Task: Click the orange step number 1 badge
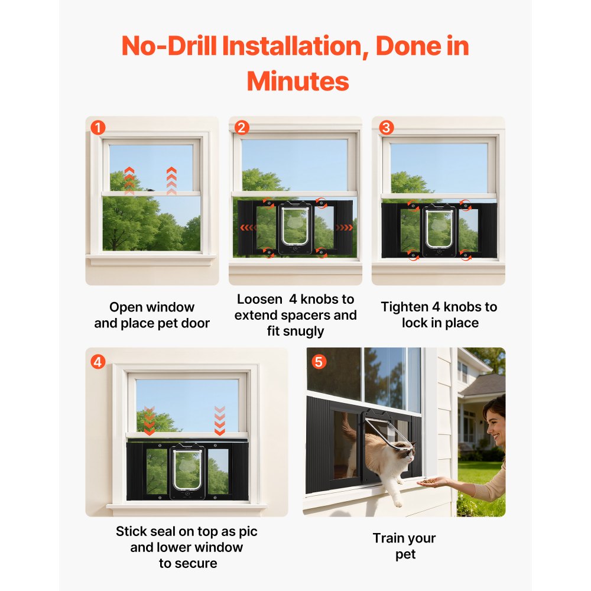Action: click(x=98, y=128)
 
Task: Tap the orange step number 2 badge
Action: click(x=242, y=128)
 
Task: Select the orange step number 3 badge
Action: click(x=385, y=128)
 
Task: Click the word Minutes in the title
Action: click(x=298, y=81)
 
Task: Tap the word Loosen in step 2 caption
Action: click(x=258, y=299)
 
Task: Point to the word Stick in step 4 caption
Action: click(x=131, y=531)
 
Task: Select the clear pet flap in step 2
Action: click(x=295, y=225)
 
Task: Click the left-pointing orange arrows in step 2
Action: click(x=248, y=227)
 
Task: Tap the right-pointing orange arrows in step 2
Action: click(x=344, y=227)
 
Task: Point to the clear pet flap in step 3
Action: click(x=439, y=228)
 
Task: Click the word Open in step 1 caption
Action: click(x=126, y=307)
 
